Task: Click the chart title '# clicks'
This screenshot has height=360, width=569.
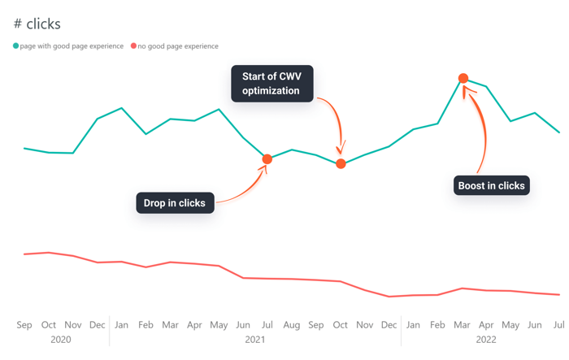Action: click(37, 24)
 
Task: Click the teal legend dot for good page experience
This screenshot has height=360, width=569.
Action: click(15, 46)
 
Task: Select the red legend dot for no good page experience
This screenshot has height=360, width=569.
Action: click(134, 46)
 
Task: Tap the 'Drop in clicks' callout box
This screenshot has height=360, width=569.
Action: click(175, 202)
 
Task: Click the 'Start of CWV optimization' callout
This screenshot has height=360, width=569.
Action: click(271, 84)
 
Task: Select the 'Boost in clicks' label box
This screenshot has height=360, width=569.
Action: click(491, 185)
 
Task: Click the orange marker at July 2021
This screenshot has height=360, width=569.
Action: click(267, 158)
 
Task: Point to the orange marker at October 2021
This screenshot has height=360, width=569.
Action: click(341, 163)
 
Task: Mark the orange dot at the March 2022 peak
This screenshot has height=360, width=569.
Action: click(463, 79)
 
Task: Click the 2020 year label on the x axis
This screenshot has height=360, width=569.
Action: click(61, 339)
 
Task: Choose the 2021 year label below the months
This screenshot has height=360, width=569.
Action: click(255, 339)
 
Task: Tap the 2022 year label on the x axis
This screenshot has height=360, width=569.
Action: click(486, 339)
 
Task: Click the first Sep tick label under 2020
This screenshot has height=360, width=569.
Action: click(24, 325)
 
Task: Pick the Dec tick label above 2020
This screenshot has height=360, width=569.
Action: click(98, 325)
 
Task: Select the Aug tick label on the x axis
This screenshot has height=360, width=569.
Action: click(292, 325)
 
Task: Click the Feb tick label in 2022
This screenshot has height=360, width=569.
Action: click(438, 325)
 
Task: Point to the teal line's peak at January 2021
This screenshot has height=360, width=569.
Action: click(121, 107)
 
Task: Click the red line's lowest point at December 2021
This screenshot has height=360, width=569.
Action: click(389, 297)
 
